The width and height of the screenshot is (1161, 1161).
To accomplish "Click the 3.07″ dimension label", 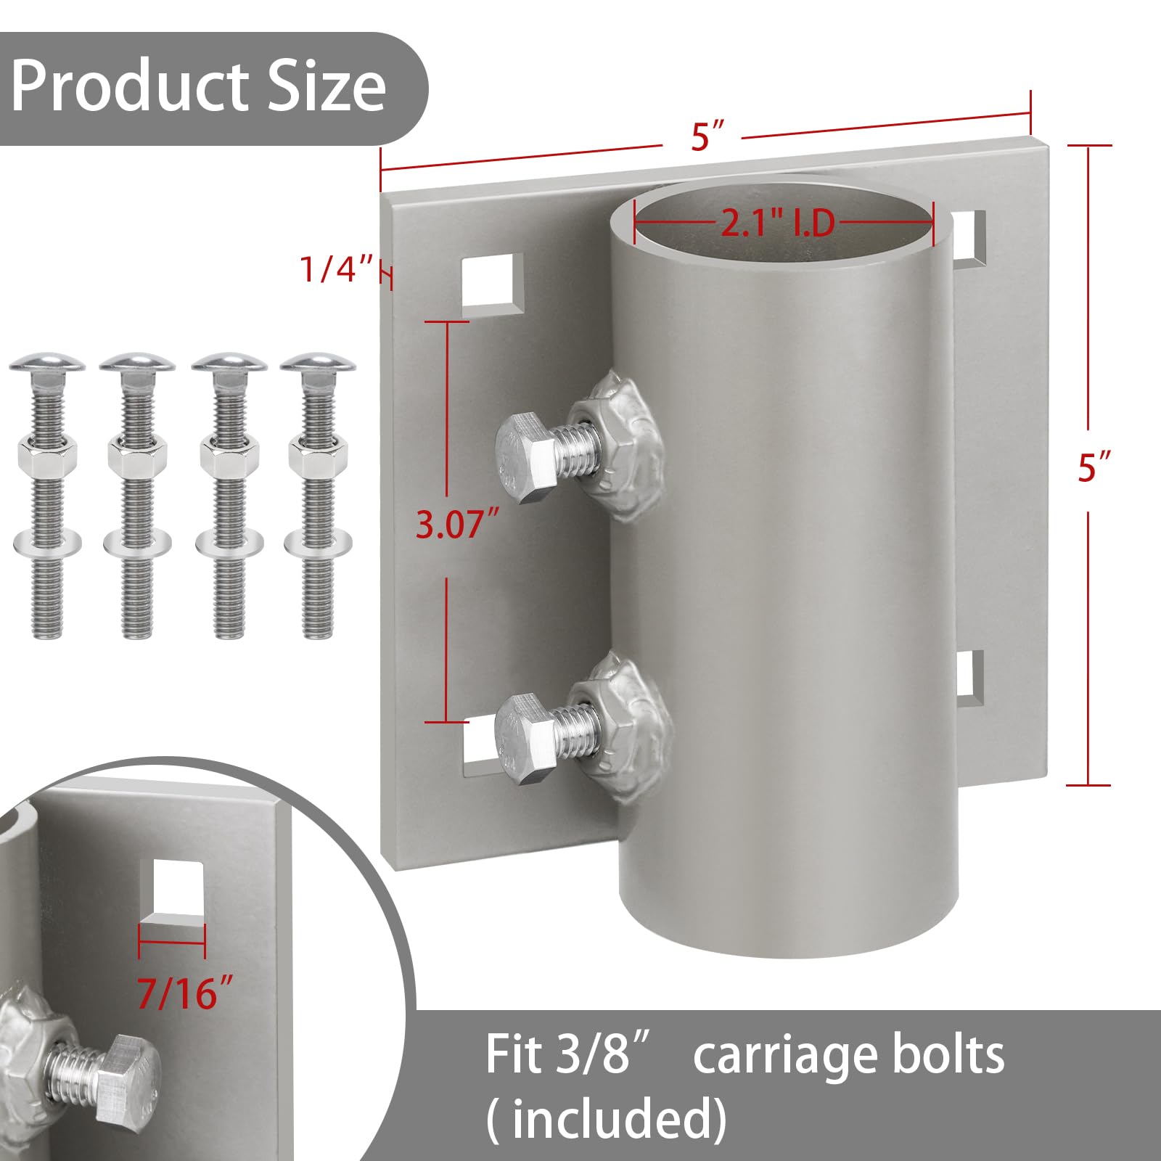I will pyautogui.click(x=457, y=524).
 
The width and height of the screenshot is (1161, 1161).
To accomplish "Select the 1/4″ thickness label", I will pyautogui.click(x=337, y=269).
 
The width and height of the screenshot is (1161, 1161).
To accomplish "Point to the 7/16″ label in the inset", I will pyautogui.click(x=186, y=992).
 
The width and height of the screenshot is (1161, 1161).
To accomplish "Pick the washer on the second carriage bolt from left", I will pyautogui.click(x=137, y=543).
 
